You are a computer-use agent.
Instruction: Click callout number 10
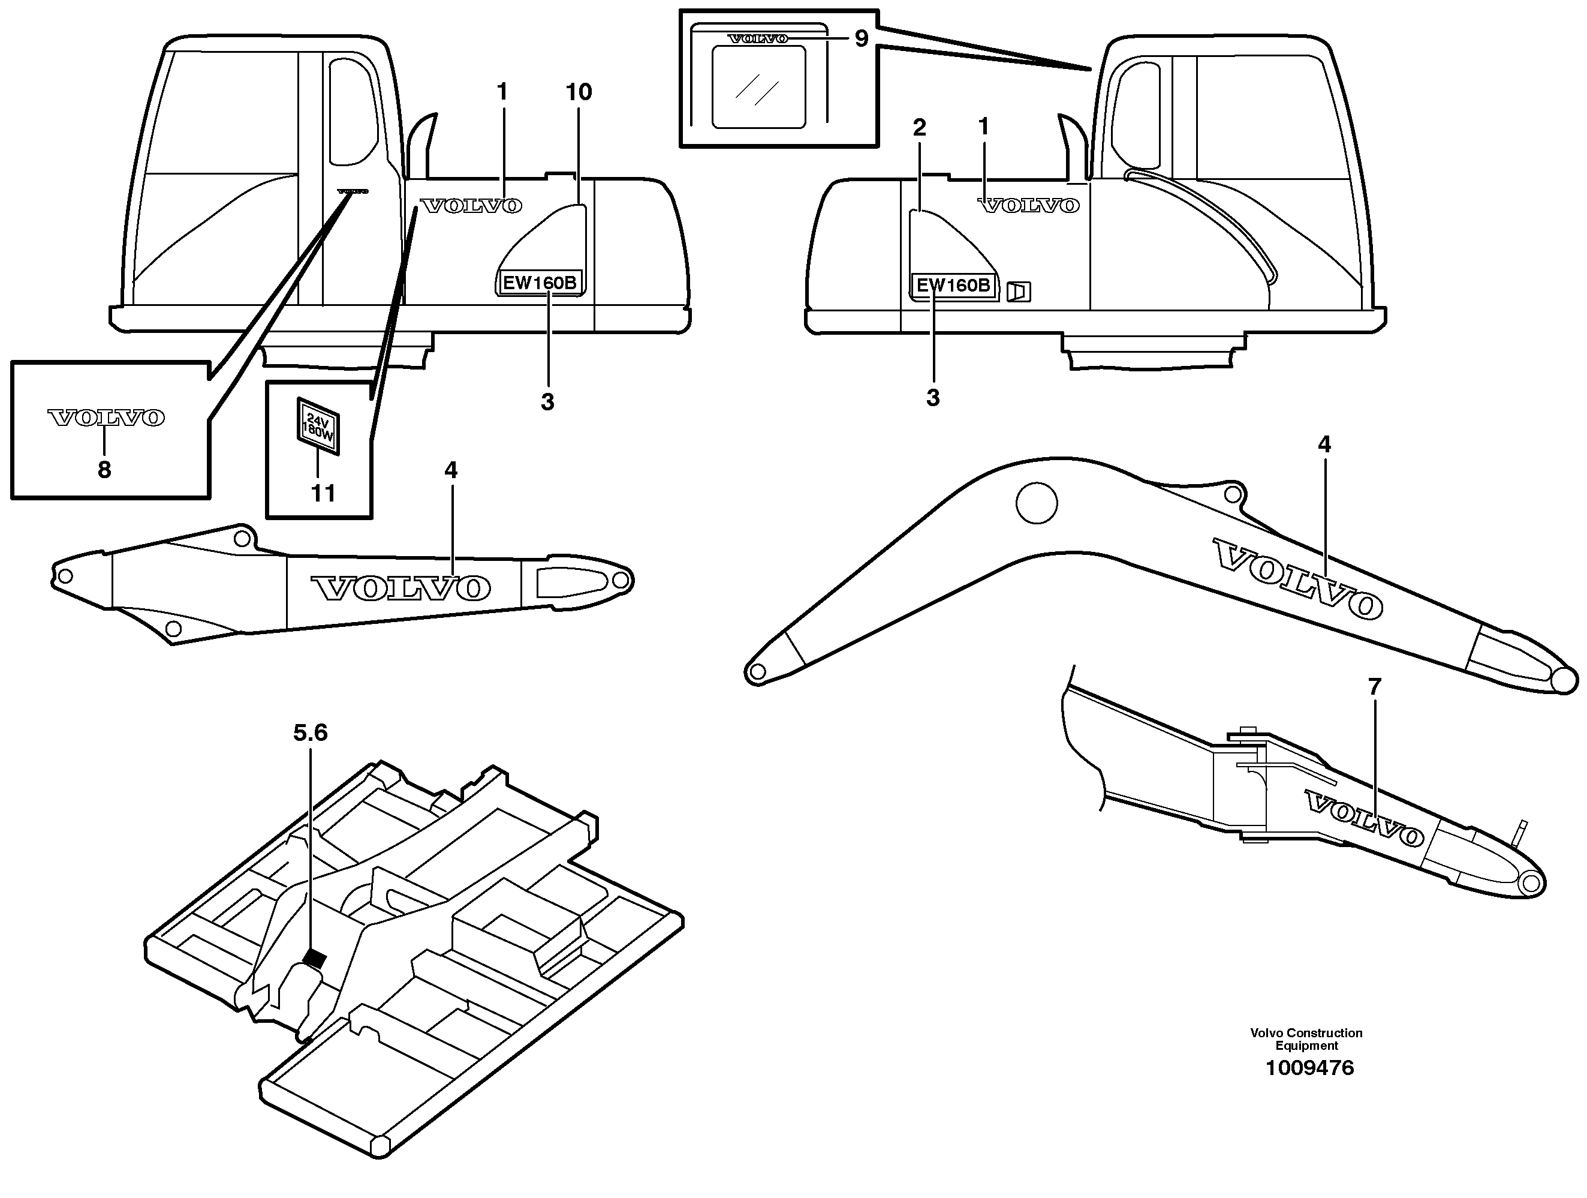579,92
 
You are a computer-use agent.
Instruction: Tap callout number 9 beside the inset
861,38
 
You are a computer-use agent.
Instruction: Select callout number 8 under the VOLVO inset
104,470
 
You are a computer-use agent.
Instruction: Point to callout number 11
323,493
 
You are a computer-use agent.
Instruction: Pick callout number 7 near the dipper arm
1374,687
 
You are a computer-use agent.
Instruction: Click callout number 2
919,128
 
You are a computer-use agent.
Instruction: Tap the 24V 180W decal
318,427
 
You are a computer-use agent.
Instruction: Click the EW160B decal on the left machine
540,283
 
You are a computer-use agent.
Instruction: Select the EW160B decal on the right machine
953,286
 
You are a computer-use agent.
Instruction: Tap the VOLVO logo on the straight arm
400,588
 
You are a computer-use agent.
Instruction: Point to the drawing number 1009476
1309,1068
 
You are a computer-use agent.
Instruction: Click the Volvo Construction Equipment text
1306,1038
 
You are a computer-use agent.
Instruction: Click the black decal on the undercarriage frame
314,958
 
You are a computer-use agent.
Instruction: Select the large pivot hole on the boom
1036,503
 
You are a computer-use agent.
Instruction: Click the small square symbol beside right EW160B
1019,292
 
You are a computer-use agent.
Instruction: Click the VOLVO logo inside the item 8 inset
106,418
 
